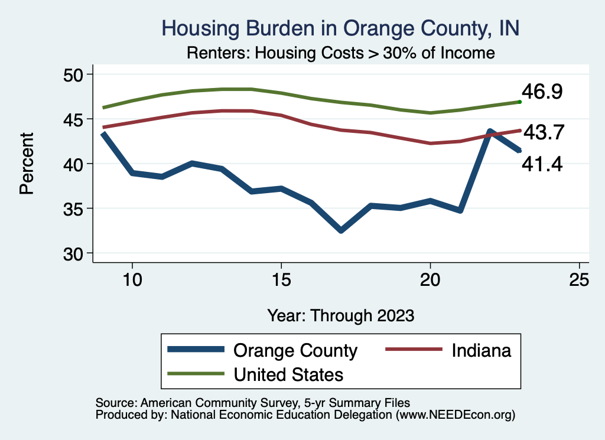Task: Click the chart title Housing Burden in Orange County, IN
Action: (x=340, y=28)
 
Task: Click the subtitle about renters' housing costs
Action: (x=340, y=53)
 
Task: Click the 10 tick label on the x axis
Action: (x=132, y=280)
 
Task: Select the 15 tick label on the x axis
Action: (x=281, y=280)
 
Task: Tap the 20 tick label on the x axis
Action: (x=430, y=280)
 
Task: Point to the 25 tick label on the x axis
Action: (x=579, y=280)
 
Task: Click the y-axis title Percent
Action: (x=26, y=164)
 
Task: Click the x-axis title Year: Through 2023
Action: (x=340, y=315)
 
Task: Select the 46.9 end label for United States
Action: (x=541, y=92)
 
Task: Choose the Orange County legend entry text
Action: (x=295, y=350)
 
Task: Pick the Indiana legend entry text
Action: (x=481, y=350)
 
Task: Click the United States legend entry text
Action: (x=288, y=374)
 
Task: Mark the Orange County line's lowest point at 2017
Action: (x=341, y=230)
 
